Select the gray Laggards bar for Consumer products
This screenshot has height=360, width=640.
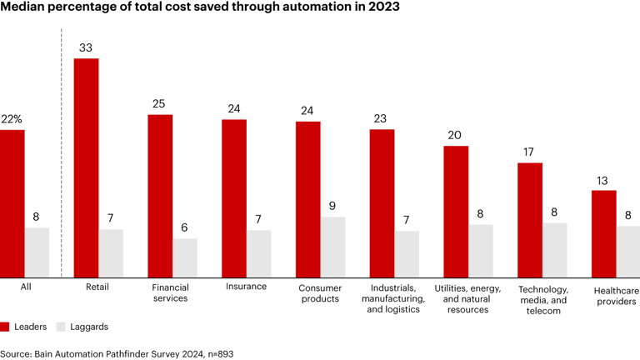(332, 247)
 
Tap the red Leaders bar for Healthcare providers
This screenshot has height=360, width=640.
(604, 234)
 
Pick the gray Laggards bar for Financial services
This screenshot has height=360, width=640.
(185, 258)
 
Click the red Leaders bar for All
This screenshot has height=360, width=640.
(12, 204)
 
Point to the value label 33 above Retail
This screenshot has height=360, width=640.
(87, 48)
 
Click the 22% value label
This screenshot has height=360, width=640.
(12, 119)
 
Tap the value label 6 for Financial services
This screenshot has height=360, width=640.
(185, 228)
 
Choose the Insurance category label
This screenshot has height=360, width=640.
(246, 287)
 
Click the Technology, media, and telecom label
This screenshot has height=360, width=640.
(542, 300)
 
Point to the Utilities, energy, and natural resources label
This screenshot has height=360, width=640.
(467, 298)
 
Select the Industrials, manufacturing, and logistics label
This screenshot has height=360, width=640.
(393, 298)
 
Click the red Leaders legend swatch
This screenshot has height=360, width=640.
(5, 327)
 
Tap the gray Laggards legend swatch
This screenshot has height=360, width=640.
(61, 327)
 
